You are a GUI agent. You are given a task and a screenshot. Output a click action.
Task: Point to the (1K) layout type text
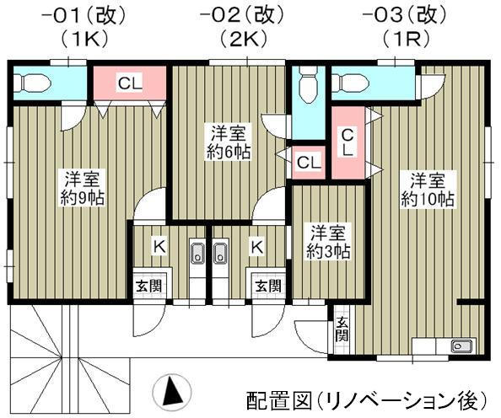click(79, 39)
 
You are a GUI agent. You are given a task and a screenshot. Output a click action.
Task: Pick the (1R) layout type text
click(399, 39)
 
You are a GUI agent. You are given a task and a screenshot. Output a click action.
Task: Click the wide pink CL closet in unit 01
click(129, 83)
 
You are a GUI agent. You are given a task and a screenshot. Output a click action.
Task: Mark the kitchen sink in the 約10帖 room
click(462, 346)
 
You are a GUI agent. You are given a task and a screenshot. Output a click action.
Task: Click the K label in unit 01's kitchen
click(157, 246)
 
